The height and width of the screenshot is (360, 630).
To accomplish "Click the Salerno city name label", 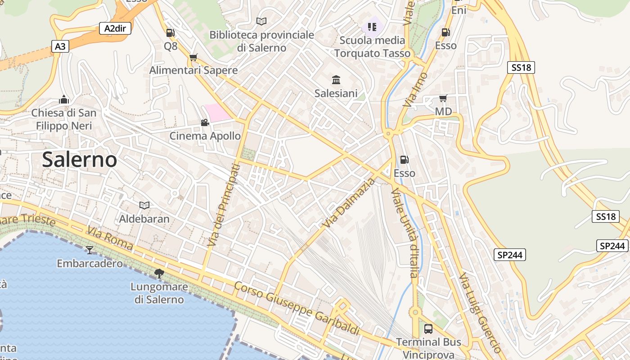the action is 80,160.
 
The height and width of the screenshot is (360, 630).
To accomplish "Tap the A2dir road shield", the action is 115,29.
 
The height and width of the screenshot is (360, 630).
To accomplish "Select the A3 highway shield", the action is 61,46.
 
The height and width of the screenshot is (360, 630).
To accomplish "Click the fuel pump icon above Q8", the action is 171,32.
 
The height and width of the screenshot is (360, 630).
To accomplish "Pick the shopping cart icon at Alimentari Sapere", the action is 193,57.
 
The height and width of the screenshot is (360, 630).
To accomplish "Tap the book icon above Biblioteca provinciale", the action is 261,21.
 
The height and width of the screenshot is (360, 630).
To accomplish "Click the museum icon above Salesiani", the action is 336,80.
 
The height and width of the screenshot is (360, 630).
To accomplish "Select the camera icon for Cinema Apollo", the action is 205,122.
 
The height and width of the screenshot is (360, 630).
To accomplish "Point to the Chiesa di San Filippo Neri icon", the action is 64,99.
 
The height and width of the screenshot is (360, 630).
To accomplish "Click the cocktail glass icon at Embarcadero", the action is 90,250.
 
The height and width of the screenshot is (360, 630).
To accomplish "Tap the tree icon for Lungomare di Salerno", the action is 159,273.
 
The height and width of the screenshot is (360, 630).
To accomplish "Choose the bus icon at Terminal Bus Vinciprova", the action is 428,328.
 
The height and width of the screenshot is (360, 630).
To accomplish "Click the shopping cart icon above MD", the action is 443,98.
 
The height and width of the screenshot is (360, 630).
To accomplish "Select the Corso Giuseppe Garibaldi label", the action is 297,308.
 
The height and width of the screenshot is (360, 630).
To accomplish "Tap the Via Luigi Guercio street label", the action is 480,312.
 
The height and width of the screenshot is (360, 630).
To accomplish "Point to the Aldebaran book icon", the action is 144,205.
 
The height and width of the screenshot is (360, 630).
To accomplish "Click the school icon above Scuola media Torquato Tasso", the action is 372,27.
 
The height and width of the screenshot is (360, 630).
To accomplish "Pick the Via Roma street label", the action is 110,238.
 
